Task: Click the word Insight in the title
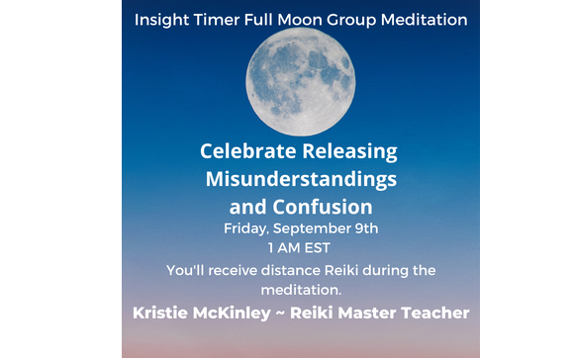(161, 19)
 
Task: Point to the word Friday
(247, 229)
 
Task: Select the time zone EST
(319, 248)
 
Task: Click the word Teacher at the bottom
(438, 314)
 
